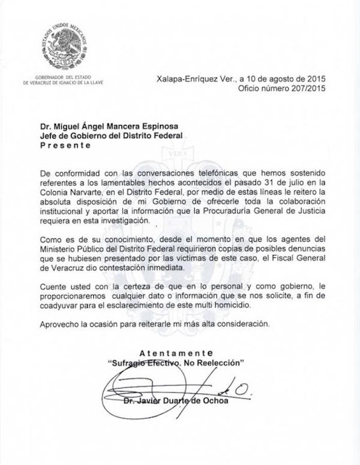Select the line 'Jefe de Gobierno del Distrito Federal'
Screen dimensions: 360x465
tap(113, 132)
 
